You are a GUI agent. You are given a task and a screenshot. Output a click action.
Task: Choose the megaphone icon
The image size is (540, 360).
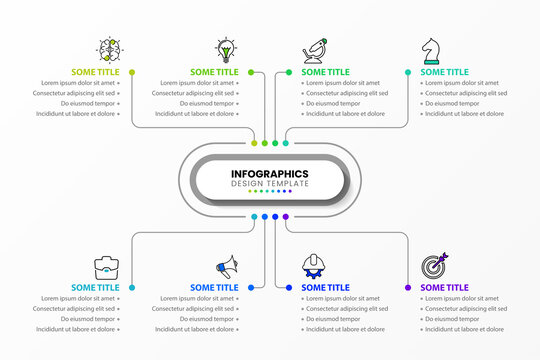click(227, 267)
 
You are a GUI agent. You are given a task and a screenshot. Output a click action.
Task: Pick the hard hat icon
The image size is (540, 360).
click(313, 267)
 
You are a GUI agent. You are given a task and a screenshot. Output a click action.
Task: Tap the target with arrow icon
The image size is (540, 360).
click(433, 267)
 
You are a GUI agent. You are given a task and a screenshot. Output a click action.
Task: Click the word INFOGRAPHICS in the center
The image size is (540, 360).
click(269, 174)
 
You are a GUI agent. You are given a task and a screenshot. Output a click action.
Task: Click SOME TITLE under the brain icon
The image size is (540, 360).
click(95, 72)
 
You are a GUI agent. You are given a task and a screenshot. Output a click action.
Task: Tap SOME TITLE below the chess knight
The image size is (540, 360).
click(444, 72)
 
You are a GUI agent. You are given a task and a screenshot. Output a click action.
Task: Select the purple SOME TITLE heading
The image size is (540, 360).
click(444, 288)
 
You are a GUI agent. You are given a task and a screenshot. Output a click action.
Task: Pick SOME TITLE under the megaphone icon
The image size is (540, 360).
click(214, 288)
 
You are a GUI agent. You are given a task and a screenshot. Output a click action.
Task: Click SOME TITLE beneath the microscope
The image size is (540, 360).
click(325, 72)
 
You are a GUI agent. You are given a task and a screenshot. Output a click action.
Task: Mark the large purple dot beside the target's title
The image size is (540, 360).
click(408, 288)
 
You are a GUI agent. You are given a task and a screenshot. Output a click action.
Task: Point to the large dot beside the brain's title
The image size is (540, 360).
click(131, 72)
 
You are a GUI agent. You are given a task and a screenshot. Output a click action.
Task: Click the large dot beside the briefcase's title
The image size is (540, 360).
click(131, 288)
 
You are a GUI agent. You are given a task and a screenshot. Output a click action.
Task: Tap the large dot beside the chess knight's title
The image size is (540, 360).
click(408, 72)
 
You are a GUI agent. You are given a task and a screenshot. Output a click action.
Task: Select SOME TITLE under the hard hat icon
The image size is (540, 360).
click(325, 288)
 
